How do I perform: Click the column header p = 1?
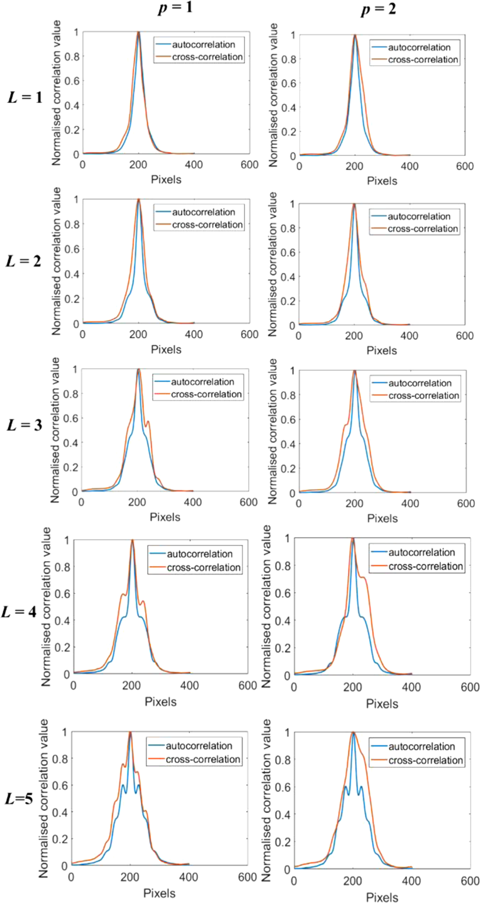point(175,8)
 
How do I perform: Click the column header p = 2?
point(378,9)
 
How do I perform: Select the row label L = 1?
point(25,97)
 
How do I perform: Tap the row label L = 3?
point(24,425)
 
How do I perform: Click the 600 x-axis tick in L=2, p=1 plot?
point(249,334)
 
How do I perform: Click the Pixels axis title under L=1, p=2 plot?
point(382,181)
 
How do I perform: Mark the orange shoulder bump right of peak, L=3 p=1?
point(148,422)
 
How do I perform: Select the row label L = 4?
point(18,612)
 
